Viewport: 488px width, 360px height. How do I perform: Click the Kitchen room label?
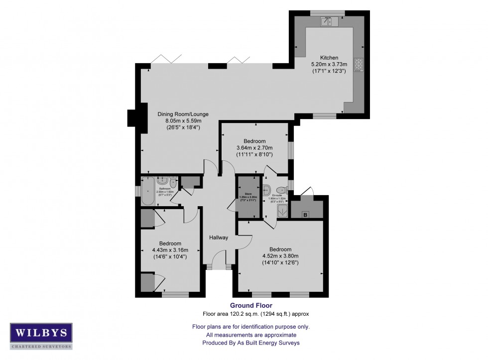tap(329, 58)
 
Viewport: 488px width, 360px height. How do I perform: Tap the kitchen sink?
tap(329, 21)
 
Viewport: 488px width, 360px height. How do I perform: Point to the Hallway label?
tap(218, 238)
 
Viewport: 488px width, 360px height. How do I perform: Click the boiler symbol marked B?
tap(305, 215)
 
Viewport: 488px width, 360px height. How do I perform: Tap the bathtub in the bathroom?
tap(147, 191)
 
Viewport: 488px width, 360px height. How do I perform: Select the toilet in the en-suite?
tap(281, 189)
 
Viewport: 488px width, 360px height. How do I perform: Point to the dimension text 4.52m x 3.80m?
tap(280, 256)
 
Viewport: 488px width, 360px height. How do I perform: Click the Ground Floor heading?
tap(251, 305)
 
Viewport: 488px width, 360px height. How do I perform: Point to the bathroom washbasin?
tap(162, 181)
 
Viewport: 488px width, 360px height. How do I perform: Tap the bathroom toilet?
tap(173, 181)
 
